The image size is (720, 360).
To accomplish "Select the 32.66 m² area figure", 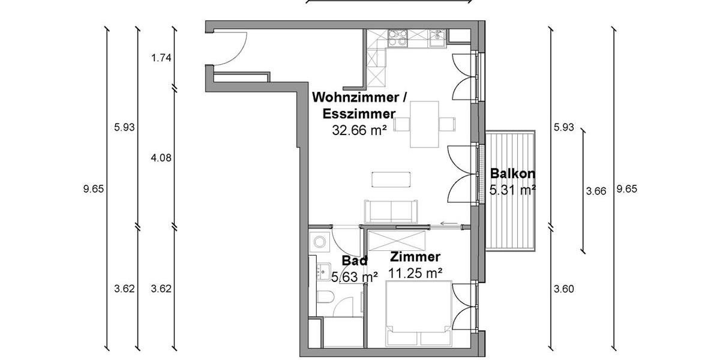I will click(359, 129).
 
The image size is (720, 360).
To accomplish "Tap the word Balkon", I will click(512, 174).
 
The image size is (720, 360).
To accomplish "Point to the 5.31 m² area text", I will click(512, 190).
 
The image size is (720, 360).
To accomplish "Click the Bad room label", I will click(354, 261).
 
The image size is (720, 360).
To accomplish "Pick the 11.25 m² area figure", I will click(416, 273).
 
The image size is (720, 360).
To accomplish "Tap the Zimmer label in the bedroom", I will click(415, 257).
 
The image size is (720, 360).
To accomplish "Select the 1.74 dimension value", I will click(162, 58).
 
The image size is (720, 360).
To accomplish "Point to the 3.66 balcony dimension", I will click(596, 191).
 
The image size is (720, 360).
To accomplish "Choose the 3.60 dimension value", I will click(564, 289).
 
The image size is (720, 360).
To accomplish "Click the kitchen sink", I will click(437, 39).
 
